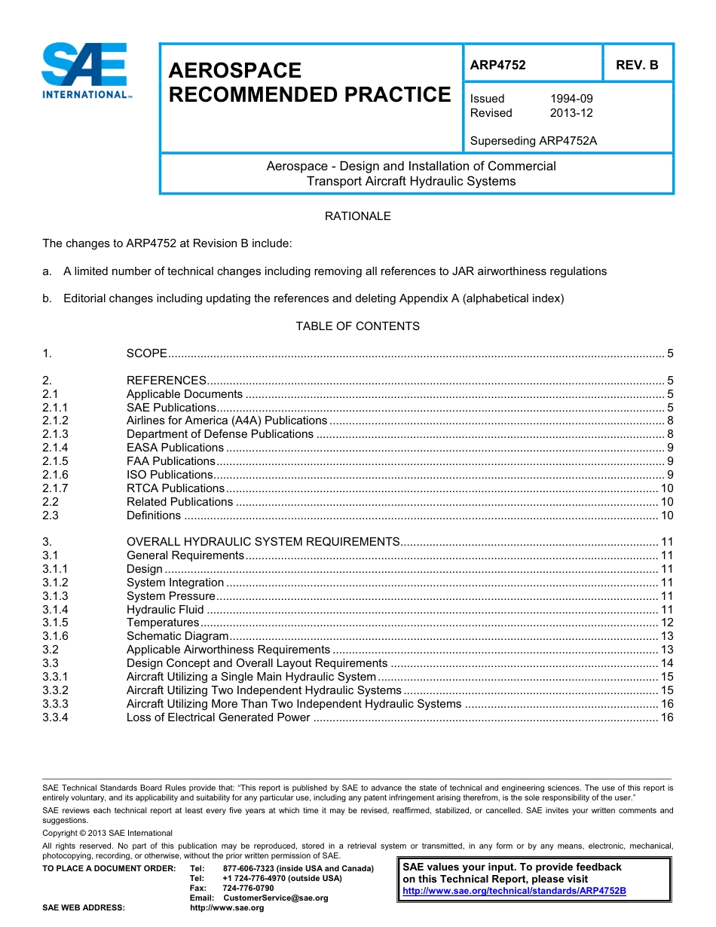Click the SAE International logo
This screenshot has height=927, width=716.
(x=87, y=72)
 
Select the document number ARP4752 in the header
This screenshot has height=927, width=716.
(x=497, y=65)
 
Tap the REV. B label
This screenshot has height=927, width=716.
(x=637, y=65)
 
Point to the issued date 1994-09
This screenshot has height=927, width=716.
(x=571, y=99)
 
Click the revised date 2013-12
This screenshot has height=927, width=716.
(x=571, y=113)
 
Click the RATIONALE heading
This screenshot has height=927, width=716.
(x=357, y=216)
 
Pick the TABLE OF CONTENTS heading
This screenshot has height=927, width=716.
(x=357, y=326)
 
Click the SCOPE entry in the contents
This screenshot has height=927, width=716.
(x=146, y=353)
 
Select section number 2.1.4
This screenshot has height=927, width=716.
(x=55, y=448)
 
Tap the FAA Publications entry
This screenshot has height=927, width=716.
(x=170, y=461)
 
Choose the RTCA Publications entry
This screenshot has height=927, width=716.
(x=175, y=488)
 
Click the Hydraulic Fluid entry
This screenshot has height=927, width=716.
(x=165, y=610)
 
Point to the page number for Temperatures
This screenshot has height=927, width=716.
(x=666, y=623)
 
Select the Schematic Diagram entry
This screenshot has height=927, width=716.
(x=177, y=637)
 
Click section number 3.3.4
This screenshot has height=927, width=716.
(x=55, y=717)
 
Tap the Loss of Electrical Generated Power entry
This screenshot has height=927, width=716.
(x=218, y=717)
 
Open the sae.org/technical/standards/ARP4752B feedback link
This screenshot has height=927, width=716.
(x=514, y=891)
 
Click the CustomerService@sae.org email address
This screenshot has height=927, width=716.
(x=276, y=898)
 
